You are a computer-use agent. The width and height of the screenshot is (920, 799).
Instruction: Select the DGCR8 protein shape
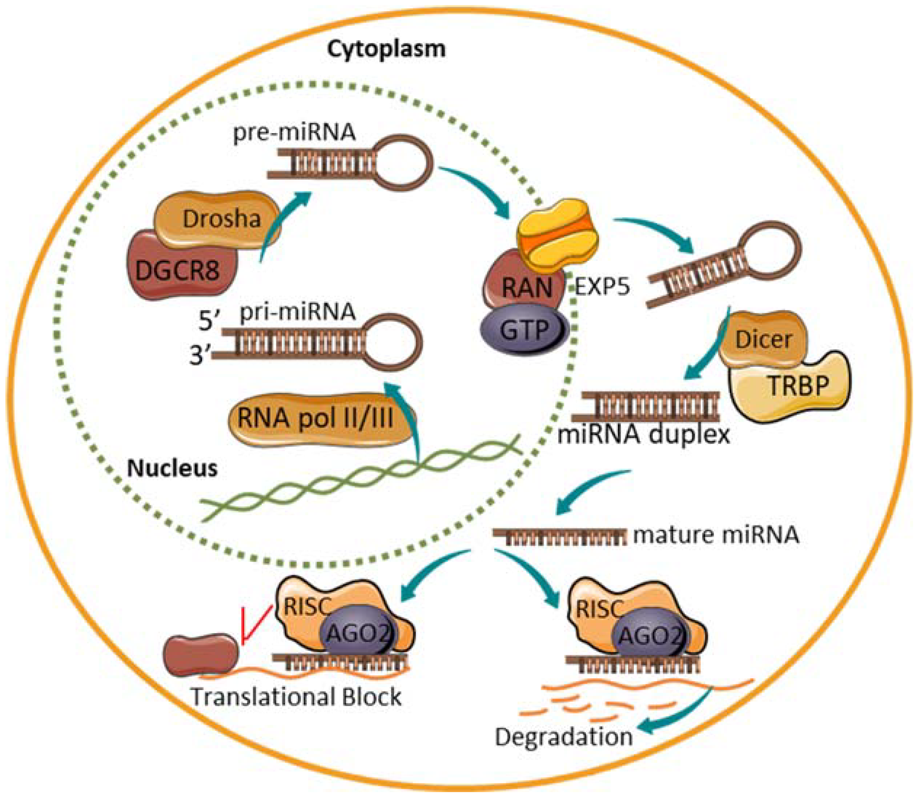(x=178, y=270)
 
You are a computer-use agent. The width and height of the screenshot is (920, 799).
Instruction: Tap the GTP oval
(x=524, y=330)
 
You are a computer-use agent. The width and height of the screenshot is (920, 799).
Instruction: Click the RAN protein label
(x=527, y=288)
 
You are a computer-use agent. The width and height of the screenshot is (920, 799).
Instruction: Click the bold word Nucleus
(x=172, y=469)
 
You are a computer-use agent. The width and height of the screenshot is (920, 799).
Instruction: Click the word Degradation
(x=563, y=738)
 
